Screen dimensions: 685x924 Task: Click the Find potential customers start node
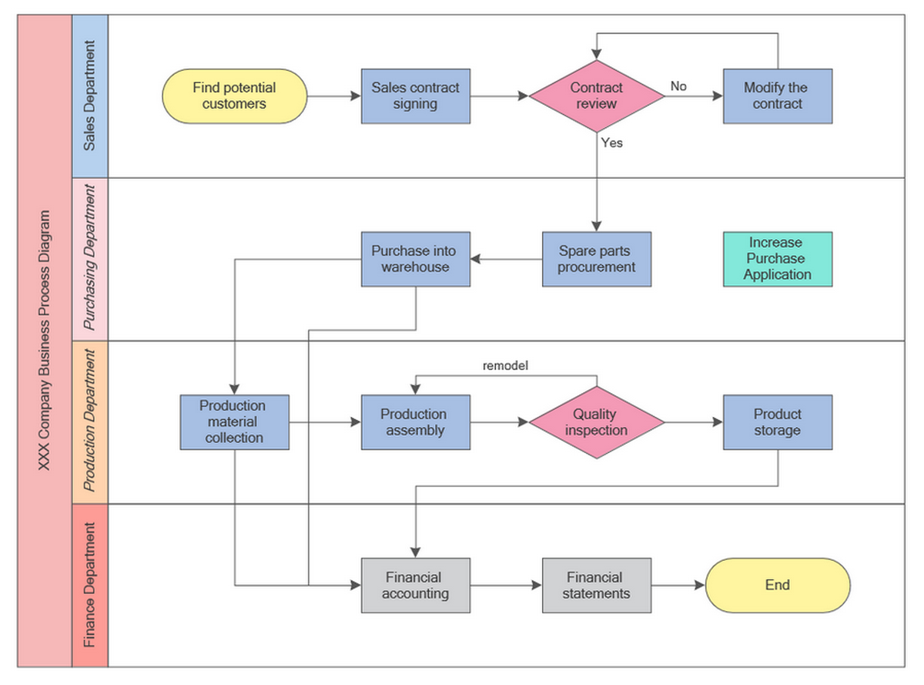tap(234, 96)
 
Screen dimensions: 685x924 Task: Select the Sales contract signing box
tap(416, 96)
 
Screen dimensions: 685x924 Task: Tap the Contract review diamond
tap(596, 96)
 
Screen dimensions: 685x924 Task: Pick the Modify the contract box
tap(777, 96)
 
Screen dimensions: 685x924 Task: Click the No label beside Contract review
tap(678, 86)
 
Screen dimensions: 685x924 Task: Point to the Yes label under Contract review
tap(612, 143)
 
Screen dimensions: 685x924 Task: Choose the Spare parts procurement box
tap(596, 259)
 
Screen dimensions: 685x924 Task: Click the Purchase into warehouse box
tap(416, 259)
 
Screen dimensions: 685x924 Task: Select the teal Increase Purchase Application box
tap(777, 259)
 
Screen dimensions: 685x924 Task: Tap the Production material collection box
tap(234, 422)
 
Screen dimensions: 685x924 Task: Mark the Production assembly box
tap(416, 422)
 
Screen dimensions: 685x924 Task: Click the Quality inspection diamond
tap(596, 422)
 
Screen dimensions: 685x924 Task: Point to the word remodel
tap(505, 366)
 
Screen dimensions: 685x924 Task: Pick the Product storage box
tap(777, 422)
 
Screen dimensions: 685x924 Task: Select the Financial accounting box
tap(416, 586)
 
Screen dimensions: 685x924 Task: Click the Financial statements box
tap(596, 586)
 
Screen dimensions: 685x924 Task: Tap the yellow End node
tap(777, 586)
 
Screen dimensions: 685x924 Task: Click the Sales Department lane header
tap(90, 96)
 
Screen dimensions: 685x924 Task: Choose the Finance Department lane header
tap(90, 585)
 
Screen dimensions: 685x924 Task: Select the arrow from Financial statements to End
tap(678, 586)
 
